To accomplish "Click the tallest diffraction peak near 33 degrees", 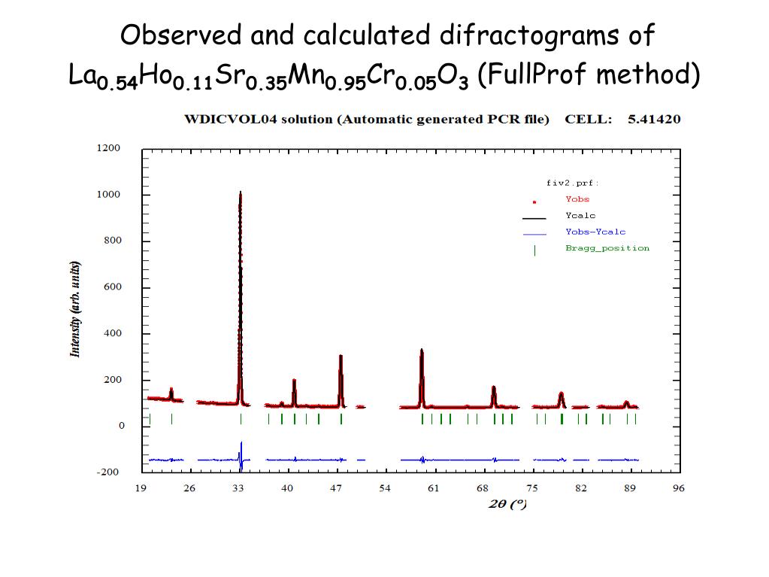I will coord(241,194).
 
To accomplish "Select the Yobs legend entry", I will coord(577,199).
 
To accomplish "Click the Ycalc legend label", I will coord(580,216).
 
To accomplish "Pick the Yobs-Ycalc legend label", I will coord(595,232).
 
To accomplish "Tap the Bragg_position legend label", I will coord(607,248).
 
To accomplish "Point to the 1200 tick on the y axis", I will coord(108,148).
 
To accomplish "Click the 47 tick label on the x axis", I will coord(336,488).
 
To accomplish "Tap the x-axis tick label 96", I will coord(679,488).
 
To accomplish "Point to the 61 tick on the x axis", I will coord(434,488).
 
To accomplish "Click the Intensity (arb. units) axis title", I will coord(75,310).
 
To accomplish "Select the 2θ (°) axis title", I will coord(508,504).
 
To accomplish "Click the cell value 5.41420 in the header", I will coord(654,119).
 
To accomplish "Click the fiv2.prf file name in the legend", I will coord(572,183).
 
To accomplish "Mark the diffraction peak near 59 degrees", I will coord(422,351).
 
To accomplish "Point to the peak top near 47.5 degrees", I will coord(341,357).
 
